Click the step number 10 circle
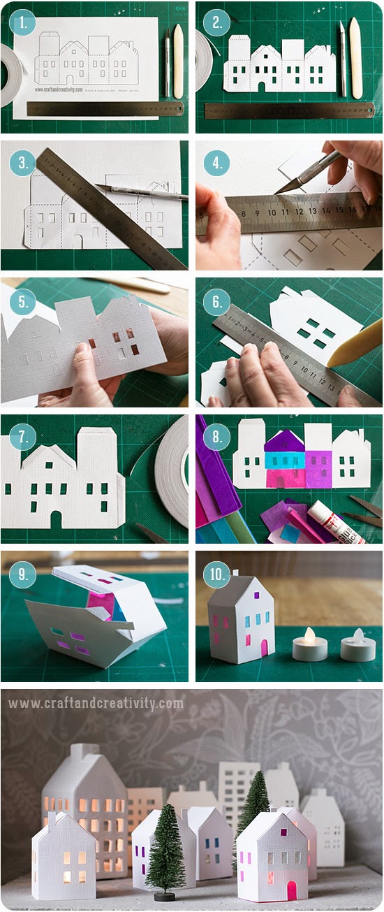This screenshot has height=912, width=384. click(216, 575)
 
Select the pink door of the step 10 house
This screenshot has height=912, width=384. click(265, 646)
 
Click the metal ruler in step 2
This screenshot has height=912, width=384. click(288, 110)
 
